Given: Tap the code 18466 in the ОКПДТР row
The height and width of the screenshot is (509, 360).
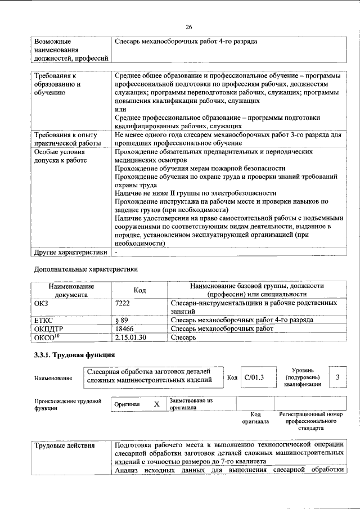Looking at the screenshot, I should pyautogui.click(x=124, y=328).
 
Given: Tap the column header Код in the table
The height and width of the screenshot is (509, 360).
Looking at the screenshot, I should pyautogui.click(x=139, y=290).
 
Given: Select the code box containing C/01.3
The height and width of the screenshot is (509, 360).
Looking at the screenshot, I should pyautogui.click(x=254, y=377).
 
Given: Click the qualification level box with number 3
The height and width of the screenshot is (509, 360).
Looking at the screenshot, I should pyautogui.click(x=337, y=377).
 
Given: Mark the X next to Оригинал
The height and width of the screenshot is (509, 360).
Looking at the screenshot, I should pyautogui.click(x=156, y=404).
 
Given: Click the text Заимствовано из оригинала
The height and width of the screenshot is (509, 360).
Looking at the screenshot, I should pyautogui.click(x=191, y=404).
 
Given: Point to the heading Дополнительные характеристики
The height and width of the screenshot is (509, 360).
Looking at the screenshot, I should pyautogui.click(x=86, y=269).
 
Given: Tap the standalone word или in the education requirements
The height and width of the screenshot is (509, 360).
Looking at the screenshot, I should pyautogui.click(x=120, y=110).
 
